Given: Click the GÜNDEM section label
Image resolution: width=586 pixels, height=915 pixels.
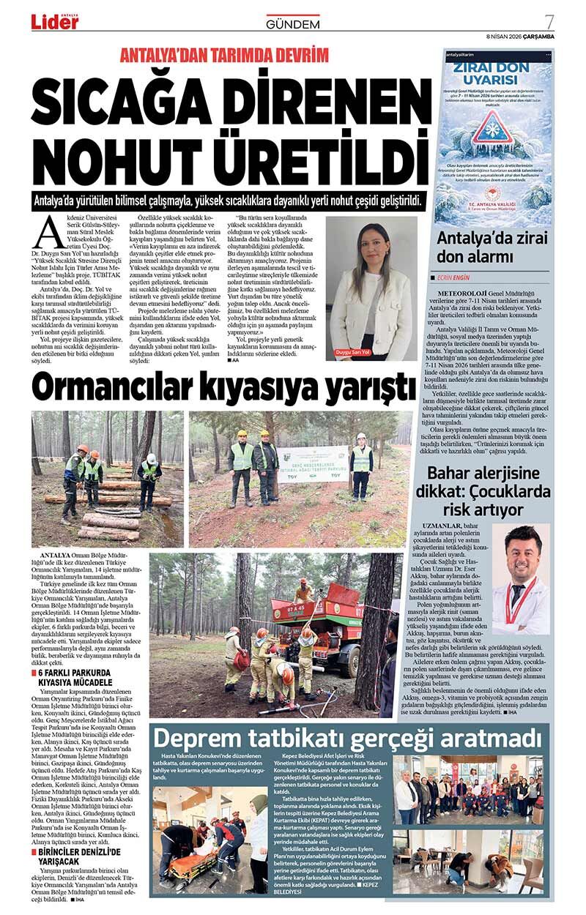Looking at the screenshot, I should pos(293,24).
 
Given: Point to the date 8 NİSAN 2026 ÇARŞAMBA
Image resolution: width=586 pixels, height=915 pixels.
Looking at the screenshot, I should pos(520,36).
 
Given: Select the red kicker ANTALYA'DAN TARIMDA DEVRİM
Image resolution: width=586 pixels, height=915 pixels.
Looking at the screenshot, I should pos(224,56).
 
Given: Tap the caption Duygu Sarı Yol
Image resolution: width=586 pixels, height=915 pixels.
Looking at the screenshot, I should pos(374,351).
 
